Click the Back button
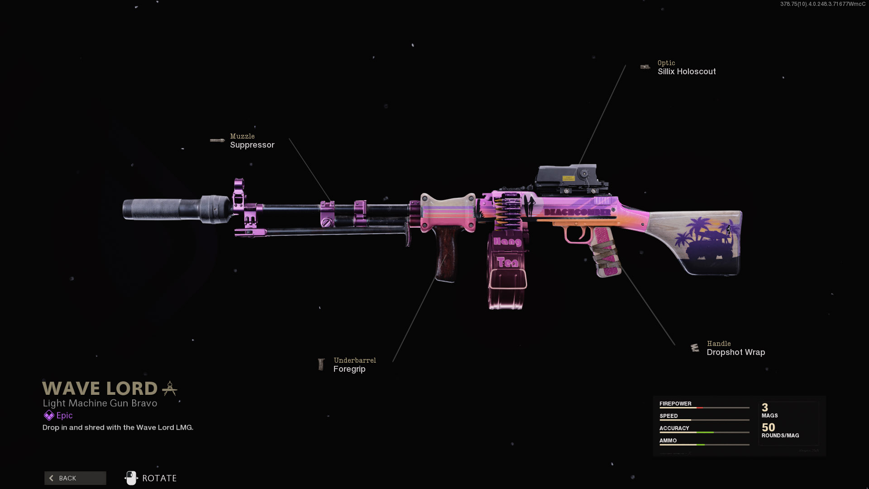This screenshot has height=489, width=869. point(75,478)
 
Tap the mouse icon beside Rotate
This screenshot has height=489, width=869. point(131,478)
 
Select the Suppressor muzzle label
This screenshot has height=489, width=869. point(252,145)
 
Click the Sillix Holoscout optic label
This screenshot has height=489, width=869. point(687,72)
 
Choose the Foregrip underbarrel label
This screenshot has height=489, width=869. point(349,369)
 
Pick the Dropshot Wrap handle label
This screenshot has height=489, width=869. point(736,352)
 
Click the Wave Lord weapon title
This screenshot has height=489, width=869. point(100,388)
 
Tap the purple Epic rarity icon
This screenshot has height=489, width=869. point(49,415)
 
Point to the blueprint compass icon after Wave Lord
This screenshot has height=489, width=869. point(170,388)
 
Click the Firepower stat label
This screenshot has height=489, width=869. point(675,403)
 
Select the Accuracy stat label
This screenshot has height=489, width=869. point(674,428)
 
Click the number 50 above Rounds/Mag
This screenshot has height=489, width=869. point(768,427)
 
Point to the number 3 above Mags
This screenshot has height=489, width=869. point(765,407)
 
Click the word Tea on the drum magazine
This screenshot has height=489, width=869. point(507,262)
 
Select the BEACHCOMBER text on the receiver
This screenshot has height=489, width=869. point(577,212)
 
